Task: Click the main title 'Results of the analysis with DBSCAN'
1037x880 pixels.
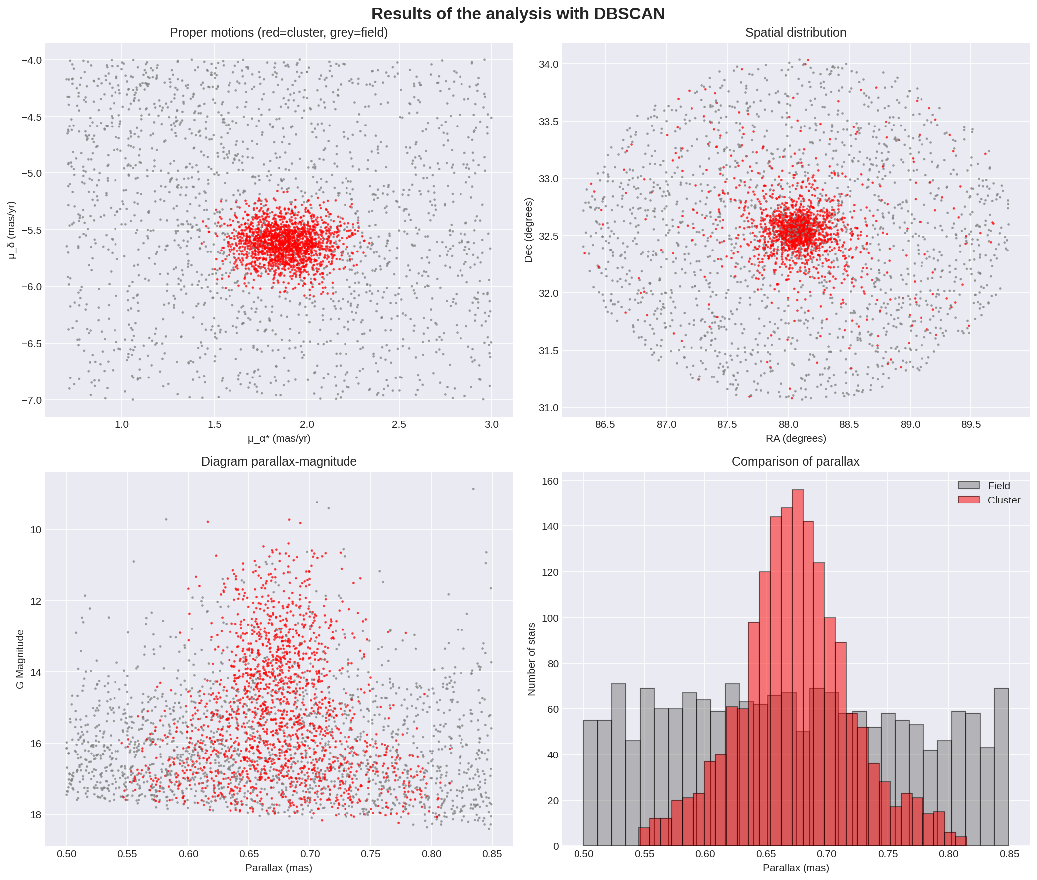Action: pos(518,14)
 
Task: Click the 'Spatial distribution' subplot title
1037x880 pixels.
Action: pos(795,33)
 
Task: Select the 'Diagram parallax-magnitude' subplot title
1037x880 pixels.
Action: pos(279,462)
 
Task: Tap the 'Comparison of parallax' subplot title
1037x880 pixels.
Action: pos(795,462)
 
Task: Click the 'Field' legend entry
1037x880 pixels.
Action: pos(998,486)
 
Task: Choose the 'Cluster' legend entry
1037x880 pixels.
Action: pos(1003,500)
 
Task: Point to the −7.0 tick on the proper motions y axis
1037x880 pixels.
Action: pos(32,400)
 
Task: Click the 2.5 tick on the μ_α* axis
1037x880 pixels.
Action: pos(399,424)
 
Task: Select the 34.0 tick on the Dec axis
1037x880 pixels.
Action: pos(549,64)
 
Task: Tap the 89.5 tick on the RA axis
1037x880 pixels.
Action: pos(971,424)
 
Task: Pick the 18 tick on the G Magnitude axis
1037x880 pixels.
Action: pos(36,815)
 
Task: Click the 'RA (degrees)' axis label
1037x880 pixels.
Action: pos(796,438)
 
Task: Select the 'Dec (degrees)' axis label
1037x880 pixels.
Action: pos(529,230)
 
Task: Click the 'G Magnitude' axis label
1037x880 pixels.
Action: pos(20,659)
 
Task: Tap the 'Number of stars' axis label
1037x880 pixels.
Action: pos(532,659)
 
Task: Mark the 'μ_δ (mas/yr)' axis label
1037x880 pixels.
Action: pos(12,230)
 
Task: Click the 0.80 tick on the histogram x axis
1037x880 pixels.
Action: pos(949,854)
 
